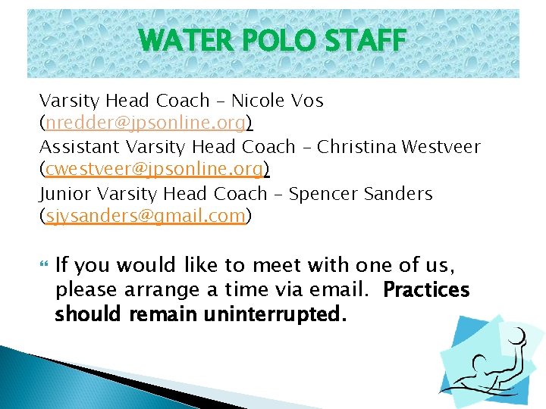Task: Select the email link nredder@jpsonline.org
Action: [x=146, y=123]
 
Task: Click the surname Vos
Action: [x=307, y=101]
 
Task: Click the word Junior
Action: [x=67, y=194]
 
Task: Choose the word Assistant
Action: [x=80, y=147]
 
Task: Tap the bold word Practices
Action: [x=427, y=290]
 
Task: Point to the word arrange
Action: [x=158, y=290]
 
